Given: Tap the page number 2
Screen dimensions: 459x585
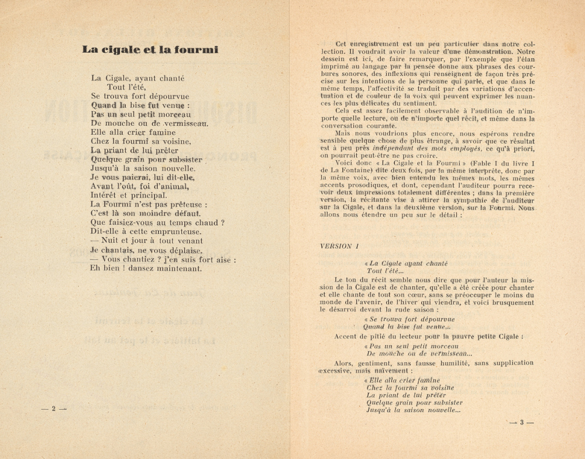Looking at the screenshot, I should tap(53, 409).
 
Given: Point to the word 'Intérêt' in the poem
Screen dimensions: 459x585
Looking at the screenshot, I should tap(105, 195).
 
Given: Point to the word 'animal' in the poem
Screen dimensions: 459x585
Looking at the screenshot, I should tap(171, 186).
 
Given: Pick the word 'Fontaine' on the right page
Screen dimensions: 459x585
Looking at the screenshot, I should tap(357, 170).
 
